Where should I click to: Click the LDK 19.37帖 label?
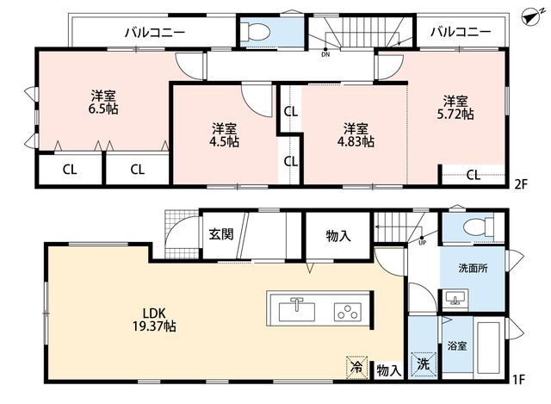pos(154,320)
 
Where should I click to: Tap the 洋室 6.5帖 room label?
pos(103,102)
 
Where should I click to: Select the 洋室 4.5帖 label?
pos(224,134)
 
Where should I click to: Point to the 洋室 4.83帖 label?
pos(356,134)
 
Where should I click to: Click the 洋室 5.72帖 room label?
pos(455,108)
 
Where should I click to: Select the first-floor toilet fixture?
pos(479,227)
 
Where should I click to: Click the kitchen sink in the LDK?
pos(297,310)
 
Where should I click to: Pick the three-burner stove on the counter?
pos(348,312)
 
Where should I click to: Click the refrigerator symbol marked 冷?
pos(356,367)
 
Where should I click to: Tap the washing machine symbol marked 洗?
pos(424,364)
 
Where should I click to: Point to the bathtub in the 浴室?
pos(488,347)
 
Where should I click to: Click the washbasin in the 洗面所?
pos(455,299)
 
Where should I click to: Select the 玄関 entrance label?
pos(221,234)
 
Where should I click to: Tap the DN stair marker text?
pos(325,55)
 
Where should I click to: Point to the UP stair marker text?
pos(422,243)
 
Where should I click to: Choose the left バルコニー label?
pos(155,33)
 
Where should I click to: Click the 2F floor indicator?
pos(521,184)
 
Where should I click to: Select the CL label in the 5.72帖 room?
pos(474,175)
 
